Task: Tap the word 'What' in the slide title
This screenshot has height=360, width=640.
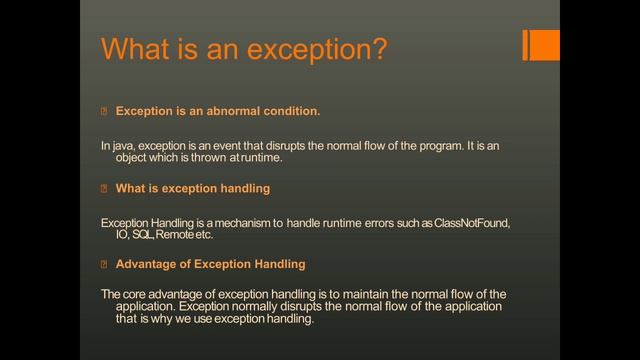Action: point(140,49)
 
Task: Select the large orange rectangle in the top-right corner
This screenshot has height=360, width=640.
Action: point(544,45)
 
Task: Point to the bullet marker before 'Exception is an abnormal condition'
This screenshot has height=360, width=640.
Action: point(104,110)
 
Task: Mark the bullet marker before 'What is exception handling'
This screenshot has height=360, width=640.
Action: point(104,188)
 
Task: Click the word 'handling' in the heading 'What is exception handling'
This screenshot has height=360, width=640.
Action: point(244,188)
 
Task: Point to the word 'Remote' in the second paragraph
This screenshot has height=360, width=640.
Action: point(174,235)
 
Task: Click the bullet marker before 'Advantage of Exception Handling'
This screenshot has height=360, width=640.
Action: point(104,265)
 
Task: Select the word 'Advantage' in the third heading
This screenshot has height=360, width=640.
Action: point(147,265)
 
